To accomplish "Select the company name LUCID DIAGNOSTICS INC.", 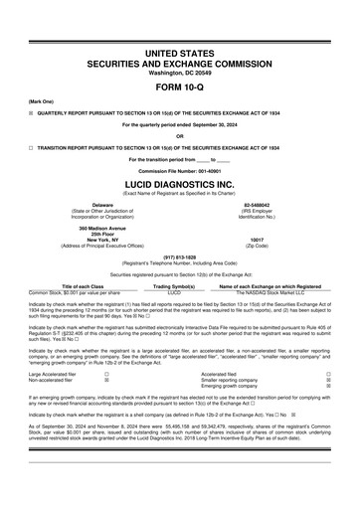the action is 180,184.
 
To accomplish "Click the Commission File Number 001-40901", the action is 180,170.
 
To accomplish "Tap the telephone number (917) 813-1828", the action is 180,255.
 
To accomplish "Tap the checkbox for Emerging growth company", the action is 329,388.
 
